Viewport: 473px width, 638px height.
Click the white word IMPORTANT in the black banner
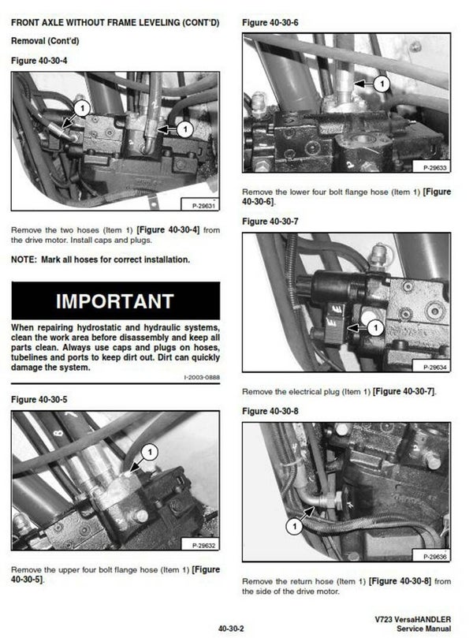pos(115,301)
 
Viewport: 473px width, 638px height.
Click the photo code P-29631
pos(203,206)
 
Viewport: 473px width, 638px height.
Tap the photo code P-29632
pos(203,546)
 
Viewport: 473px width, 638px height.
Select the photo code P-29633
pos(435,168)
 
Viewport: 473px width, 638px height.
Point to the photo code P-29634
pos(435,367)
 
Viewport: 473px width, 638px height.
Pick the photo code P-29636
pos(435,557)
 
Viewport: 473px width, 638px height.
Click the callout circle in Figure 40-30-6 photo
pos(382,84)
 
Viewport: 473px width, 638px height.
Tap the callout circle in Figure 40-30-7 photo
pos(375,327)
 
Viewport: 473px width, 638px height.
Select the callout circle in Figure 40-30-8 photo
pos(294,527)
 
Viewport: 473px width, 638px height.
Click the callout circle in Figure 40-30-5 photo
pos(150,452)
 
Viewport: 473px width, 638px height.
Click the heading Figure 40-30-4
pos(39,61)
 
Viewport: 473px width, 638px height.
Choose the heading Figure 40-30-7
pos(270,222)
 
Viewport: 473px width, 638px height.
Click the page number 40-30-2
pos(231,629)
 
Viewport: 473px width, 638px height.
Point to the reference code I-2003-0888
pos(202,378)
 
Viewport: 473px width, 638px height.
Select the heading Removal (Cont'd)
pos(45,41)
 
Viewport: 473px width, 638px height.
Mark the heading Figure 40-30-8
pos(270,412)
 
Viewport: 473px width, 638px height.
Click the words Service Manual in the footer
pos(424,629)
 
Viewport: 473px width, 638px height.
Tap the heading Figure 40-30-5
pos(39,400)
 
